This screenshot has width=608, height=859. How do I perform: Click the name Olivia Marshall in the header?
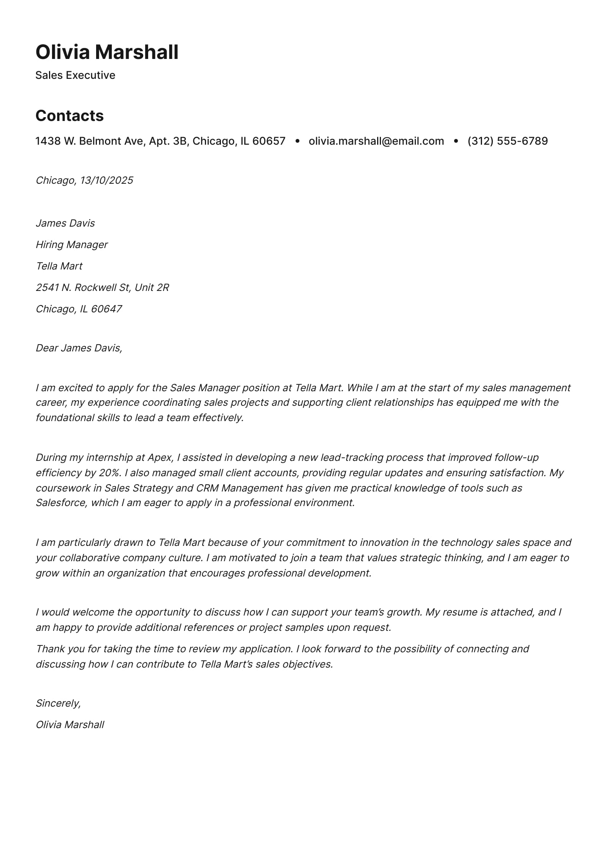107,52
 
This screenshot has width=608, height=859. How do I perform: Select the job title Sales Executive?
75,75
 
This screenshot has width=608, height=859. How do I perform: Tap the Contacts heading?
69,116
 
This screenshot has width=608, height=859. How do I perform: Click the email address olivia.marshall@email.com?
376,141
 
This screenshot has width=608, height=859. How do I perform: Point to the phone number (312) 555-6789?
507,141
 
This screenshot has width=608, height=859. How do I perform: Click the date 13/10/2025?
106,180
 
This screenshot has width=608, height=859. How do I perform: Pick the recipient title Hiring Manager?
72,245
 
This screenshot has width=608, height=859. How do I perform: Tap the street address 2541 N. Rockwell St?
83,287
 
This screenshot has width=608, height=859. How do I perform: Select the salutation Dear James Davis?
79,348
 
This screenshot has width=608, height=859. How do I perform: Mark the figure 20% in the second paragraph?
110,473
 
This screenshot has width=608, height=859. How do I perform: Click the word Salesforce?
61,503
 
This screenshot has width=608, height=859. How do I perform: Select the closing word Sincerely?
58,703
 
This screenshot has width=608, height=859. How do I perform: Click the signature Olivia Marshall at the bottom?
70,725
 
